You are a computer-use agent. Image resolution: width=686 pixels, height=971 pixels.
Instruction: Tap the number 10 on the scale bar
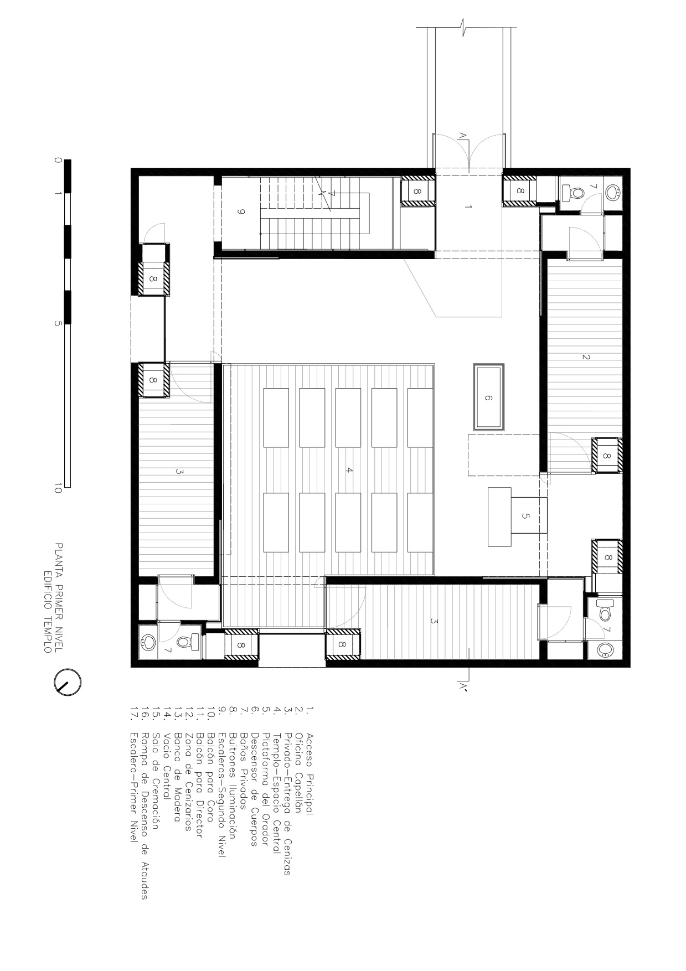click(58, 488)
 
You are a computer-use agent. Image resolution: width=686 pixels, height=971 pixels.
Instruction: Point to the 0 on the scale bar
click(58, 160)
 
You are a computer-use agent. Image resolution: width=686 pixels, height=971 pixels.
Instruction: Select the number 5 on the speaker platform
click(525, 516)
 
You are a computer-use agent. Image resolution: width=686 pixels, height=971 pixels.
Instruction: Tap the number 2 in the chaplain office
click(586, 357)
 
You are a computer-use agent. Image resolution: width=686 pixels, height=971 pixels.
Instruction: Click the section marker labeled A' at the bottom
click(464, 688)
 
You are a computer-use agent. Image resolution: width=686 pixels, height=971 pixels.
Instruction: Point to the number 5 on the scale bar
click(58, 324)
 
